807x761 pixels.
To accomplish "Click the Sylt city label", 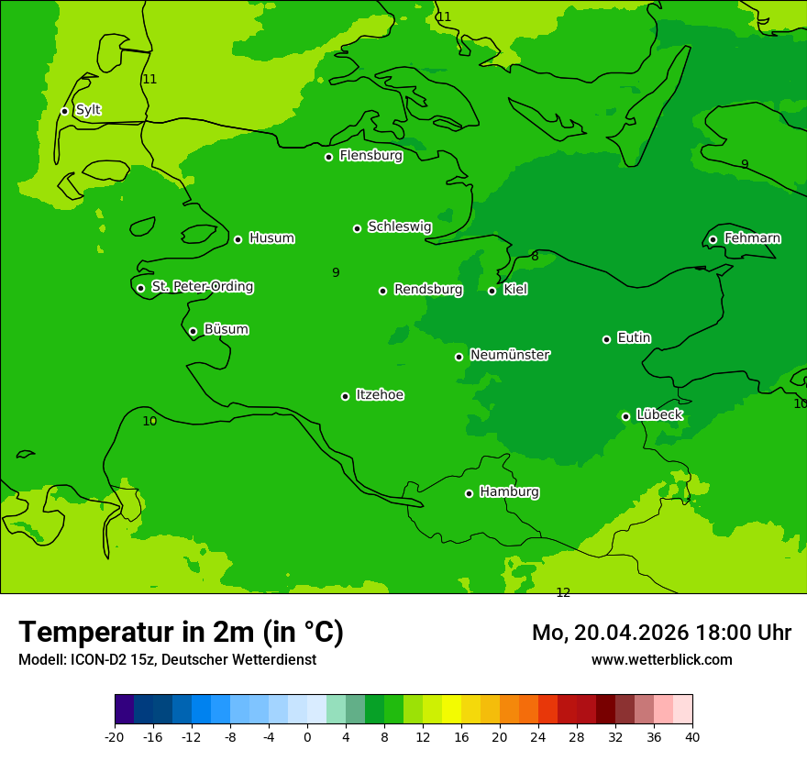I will pos(88,110).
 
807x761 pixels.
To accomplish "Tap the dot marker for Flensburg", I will pos(328,157).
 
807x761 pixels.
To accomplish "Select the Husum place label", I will pos(271,238).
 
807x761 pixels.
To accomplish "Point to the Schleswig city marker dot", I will pos(357,228).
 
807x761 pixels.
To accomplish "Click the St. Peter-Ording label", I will pos(202,287).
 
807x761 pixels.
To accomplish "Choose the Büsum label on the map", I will pos(226,330).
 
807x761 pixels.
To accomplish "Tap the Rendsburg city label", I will pos(428,290).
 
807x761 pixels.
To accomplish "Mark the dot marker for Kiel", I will pos(492,291).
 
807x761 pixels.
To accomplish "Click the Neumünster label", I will pos(510,355).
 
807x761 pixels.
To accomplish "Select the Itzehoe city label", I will pos(380,395).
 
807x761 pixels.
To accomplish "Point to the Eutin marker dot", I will pos(606,339).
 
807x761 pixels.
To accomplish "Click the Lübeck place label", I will pos(659,415).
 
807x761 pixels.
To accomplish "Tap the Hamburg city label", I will pos(509,492).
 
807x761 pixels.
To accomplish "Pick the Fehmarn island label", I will pos(752,238).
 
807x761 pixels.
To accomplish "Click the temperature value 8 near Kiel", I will pos(535,257).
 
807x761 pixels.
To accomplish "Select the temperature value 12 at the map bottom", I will pos(563,593).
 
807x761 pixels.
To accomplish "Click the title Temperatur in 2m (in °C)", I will pos(181,632).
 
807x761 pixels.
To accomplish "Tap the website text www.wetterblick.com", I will pos(661,659).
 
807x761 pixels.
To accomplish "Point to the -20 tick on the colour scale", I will pos(115,736).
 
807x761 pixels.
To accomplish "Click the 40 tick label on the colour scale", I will pos(692,736).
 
